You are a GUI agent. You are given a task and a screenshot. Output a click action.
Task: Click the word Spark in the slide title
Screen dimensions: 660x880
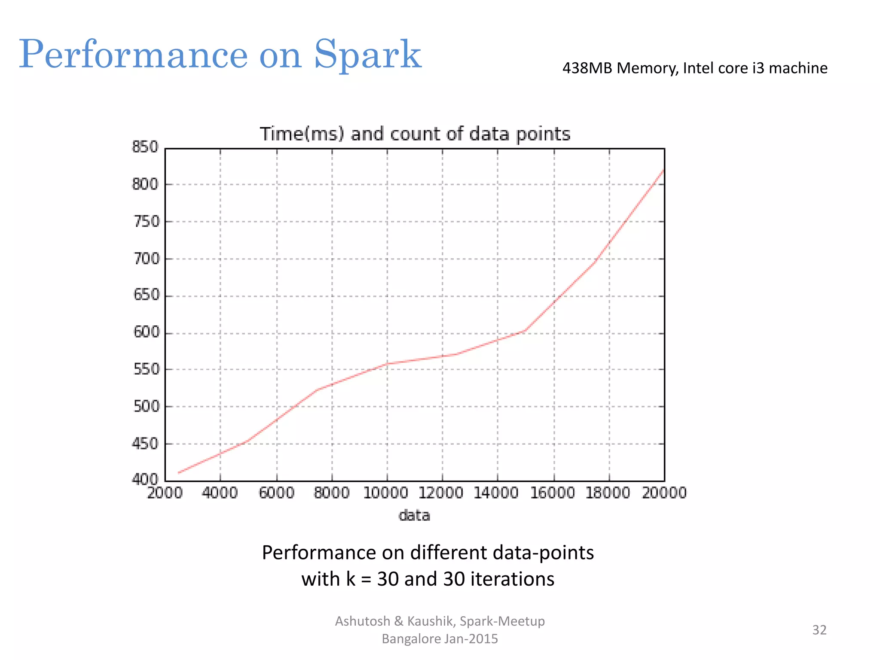click(x=367, y=55)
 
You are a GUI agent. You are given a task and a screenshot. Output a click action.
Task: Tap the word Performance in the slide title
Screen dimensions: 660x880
click(x=133, y=55)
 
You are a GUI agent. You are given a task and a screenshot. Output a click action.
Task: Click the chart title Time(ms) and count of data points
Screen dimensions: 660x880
click(x=415, y=134)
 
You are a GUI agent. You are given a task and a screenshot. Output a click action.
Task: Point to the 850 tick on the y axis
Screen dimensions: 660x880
click(x=145, y=147)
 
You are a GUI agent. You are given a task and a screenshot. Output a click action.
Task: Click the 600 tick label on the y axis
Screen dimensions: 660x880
click(x=146, y=332)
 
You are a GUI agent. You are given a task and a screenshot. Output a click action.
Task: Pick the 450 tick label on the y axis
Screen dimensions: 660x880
click(x=146, y=443)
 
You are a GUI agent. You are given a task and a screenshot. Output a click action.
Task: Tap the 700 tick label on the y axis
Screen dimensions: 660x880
click(x=146, y=259)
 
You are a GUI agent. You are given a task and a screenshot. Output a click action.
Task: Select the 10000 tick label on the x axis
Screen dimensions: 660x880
click(x=385, y=493)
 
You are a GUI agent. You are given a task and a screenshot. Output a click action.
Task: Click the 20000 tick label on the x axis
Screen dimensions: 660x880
click(x=664, y=493)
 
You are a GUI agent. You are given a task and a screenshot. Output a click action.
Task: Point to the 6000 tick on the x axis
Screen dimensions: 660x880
click(x=276, y=493)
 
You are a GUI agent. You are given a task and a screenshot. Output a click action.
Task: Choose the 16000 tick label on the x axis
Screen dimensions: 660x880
click(x=553, y=493)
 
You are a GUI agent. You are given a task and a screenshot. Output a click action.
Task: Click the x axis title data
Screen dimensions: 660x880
click(x=414, y=515)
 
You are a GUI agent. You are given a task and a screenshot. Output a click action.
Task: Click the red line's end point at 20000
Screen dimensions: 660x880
click(x=664, y=170)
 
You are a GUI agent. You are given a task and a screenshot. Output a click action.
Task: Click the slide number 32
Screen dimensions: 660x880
click(x=819, y=630)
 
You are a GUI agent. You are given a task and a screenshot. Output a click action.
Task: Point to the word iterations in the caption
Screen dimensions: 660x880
click(x=512, y=579)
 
